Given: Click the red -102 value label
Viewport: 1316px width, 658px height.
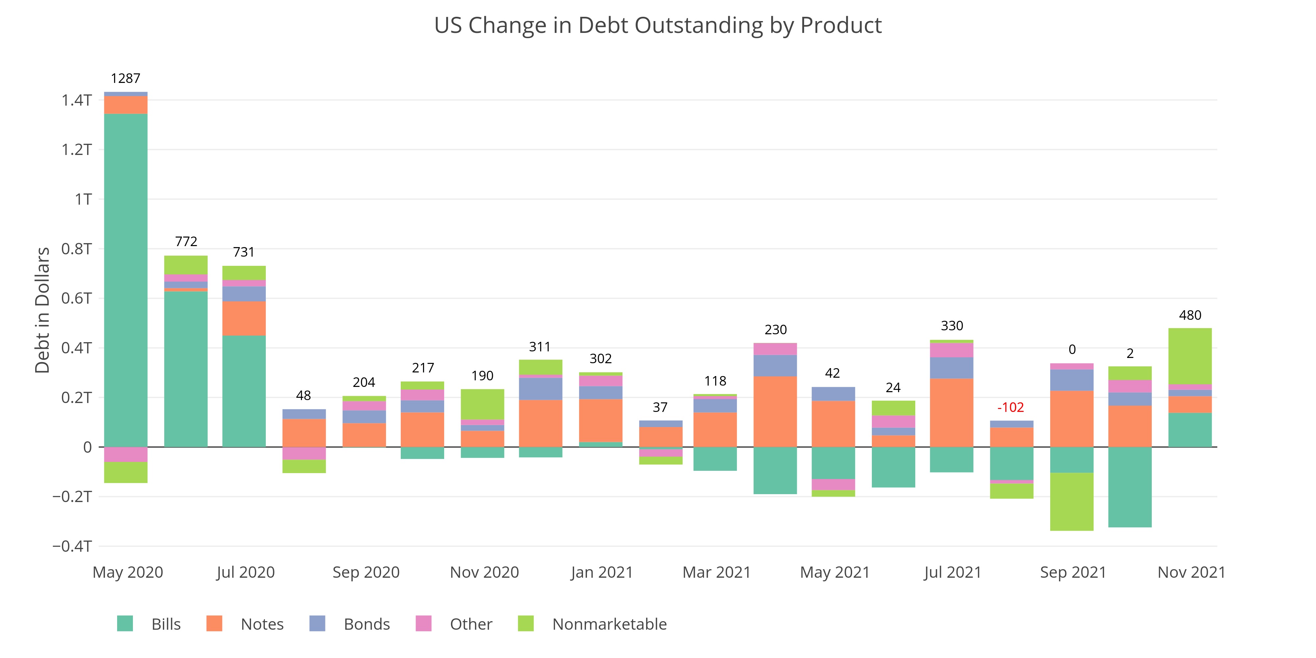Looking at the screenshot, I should click(1010, 407).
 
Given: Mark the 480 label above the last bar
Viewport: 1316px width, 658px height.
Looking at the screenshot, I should click(1190, 315).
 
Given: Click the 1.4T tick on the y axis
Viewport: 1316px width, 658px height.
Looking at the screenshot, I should click(77, 100).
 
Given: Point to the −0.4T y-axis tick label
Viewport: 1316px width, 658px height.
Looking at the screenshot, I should click(72, 546).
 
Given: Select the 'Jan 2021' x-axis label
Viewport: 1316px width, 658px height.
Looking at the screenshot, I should click(601, 572).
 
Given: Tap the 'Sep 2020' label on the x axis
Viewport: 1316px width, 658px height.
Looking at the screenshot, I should click(366, 572).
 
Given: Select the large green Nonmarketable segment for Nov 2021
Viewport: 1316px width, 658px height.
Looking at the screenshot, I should click(1190, 356).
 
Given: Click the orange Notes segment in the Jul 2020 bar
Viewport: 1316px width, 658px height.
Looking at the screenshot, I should click(244, 318).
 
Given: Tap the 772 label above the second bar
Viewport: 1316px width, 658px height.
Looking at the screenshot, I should click(186, 241).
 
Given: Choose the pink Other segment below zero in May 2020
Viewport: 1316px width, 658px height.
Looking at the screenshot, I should click(126, 454).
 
